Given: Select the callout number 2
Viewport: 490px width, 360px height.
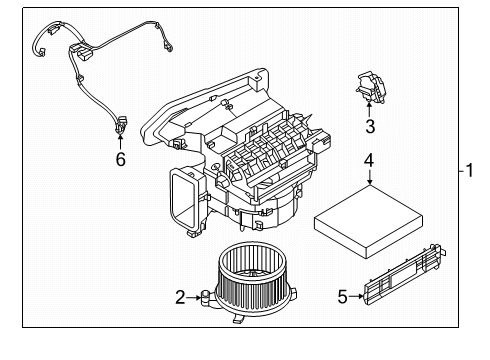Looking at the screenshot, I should (181, 296).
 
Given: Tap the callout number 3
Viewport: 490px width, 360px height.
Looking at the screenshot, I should (369, 126).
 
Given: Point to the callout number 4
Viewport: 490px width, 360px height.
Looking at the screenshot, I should (369, 160).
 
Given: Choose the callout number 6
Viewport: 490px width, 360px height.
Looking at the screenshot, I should (120, 160).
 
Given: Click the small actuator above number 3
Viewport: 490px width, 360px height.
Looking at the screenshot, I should (370, 88).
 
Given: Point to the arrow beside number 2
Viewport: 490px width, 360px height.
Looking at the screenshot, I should (196, 296).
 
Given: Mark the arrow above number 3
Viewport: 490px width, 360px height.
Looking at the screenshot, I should (369, 110).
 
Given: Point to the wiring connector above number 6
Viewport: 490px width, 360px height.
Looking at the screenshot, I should (120, 125).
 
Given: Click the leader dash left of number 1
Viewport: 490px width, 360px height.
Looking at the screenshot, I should (456, 171).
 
